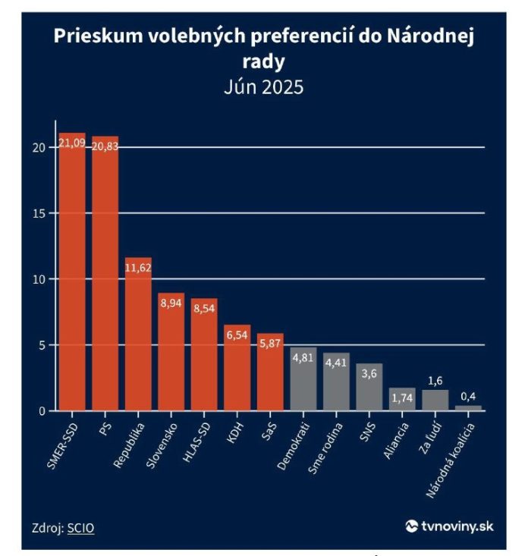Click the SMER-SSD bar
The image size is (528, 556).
pos(73,273)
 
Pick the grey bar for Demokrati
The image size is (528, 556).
pos(303,379)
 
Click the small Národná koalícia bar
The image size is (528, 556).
pos(469,408)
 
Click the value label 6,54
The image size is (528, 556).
pos(237,335)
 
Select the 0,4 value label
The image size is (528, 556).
pos(469,397)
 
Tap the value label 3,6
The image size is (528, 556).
pos(369,374)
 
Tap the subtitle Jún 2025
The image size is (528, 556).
pos(263,86)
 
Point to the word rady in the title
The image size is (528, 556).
pos(263,61)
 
